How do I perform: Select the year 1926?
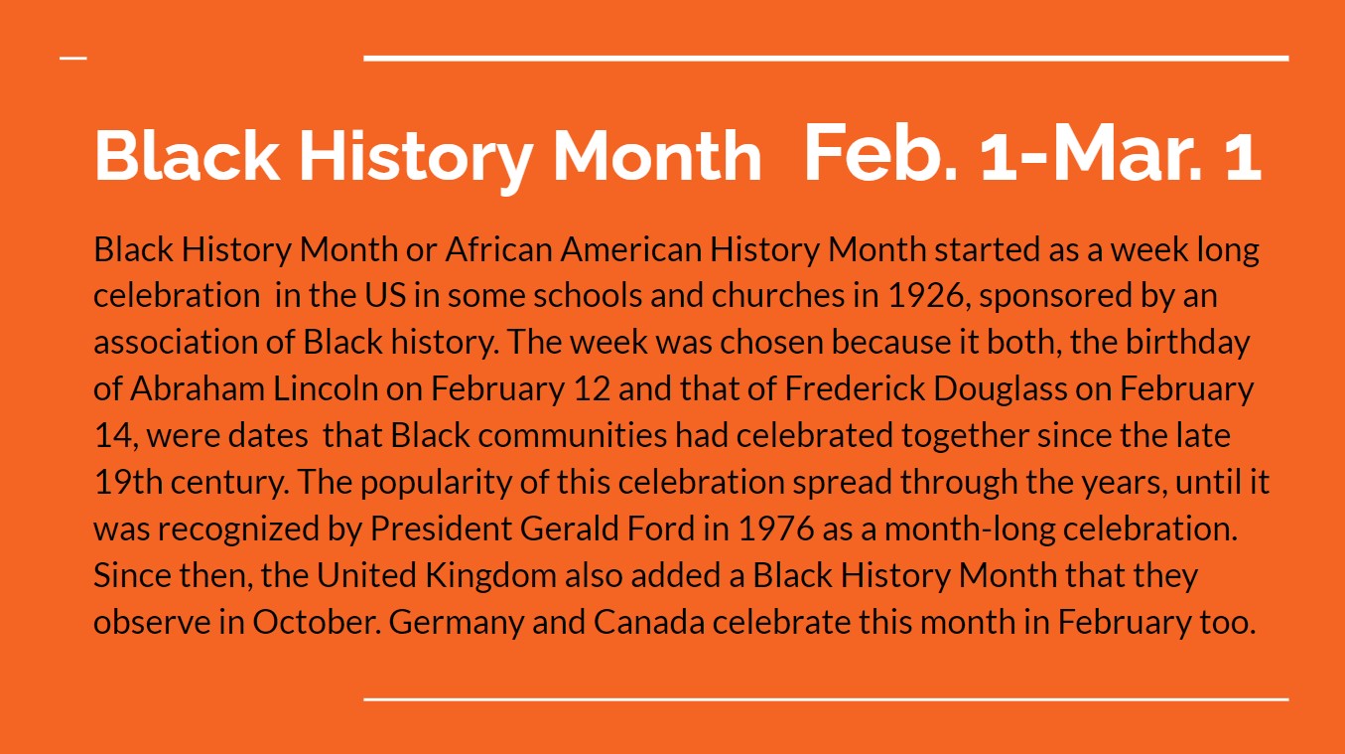(x=926, y=296)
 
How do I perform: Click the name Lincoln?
(x=326, y=388)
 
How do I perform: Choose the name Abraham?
(x=198, y=388)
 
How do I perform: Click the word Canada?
(x=648, y=622)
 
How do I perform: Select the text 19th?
(x=128, y=482)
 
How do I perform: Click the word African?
(x=498, y=248)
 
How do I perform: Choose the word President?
(x=441, y=528)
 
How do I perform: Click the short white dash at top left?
(x=73, y=59)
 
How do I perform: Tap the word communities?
(x=572, y=435)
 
